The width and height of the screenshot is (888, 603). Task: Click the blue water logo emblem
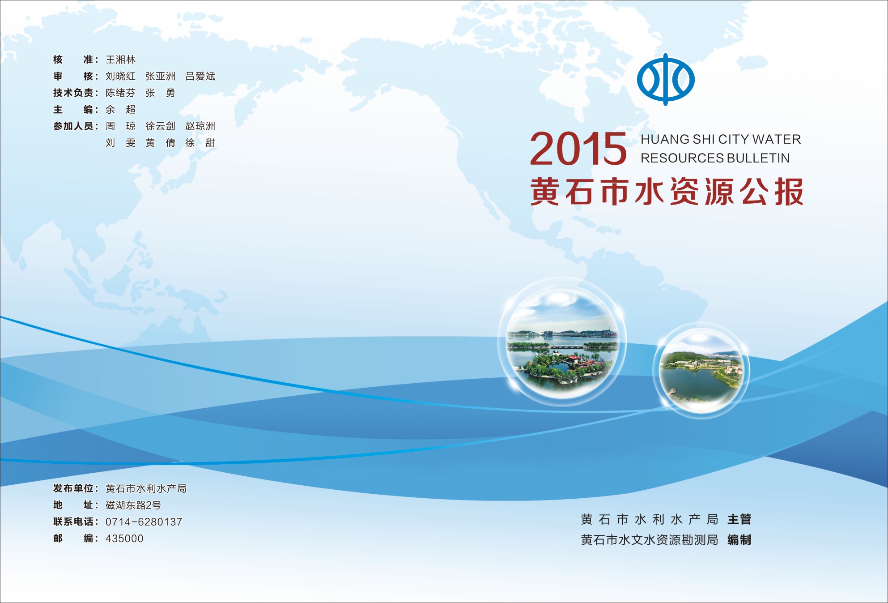coord(666,79)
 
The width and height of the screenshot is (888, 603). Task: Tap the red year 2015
coord(578,149)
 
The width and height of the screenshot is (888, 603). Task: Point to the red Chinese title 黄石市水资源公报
coord(667,192)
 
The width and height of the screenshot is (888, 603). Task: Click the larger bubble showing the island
coord(562,342)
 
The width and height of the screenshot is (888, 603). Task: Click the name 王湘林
coord(120,60)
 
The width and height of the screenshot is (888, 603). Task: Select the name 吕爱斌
coord(200,76)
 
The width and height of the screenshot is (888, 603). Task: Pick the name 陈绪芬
coord(120,93)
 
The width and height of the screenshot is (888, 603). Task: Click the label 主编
coord(75,109)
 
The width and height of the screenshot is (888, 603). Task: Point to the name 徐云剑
coord(160,126)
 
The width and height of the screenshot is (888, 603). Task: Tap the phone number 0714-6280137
coord(144,522)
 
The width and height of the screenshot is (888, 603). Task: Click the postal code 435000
coord(124,539)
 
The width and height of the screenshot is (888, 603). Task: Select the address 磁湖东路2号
coord(133,505)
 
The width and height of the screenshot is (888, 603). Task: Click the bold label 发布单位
coord(73,488)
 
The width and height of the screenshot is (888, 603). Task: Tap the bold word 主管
coord(739,519)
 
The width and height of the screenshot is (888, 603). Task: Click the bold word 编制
coord(739,540)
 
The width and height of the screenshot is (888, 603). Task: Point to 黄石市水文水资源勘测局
coord(649,540)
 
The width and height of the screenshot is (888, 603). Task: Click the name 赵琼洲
coord(200,126)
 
